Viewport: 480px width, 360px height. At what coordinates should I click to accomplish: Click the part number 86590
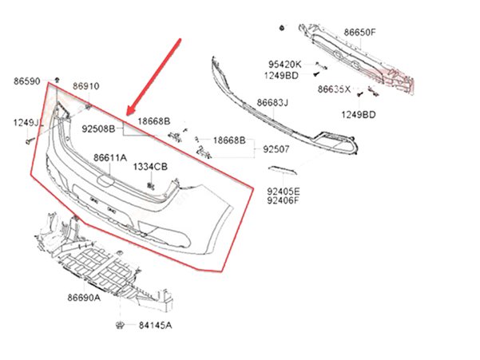tap(26, 81)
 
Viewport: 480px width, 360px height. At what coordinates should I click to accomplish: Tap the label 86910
tap(86, 85)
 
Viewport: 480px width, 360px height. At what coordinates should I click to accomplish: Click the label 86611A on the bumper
tap(110, 158)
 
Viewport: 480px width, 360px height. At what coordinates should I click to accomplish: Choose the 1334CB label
tap(150, 166)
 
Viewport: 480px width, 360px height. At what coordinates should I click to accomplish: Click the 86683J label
tap(272, 102)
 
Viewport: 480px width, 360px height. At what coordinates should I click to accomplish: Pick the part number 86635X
tap(335, 89)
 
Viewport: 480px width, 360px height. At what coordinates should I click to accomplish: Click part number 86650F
tap(359, 33)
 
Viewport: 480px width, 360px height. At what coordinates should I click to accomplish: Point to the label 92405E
tap(284, 192)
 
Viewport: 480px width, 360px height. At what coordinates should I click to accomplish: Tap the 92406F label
tap(284, 201)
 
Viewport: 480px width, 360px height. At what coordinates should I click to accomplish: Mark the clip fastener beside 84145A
tap(119, 324)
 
